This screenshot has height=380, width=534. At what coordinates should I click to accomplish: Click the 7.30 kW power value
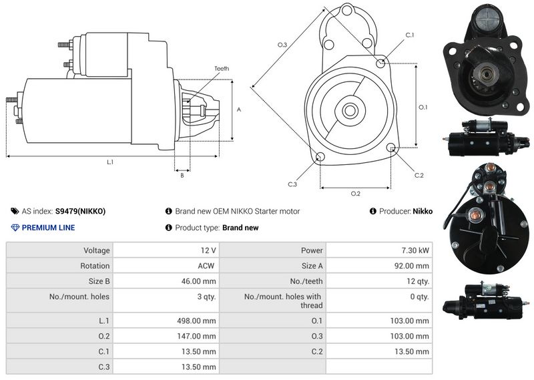point(415,250)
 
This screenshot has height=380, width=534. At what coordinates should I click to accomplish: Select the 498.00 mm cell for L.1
point(196,321)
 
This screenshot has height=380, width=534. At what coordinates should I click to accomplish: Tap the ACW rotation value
point(206,266)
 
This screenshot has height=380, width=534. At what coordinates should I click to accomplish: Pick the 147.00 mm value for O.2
point(196,336)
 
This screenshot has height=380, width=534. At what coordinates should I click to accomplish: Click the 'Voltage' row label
point(97,250)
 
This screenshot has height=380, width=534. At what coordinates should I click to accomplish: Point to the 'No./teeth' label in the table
point(306,282)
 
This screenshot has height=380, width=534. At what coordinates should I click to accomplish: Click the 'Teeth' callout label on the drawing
point(222,69)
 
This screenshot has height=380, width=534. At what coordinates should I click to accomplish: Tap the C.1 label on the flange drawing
point(410,35)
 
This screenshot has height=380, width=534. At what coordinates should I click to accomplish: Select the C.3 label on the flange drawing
point(292,184)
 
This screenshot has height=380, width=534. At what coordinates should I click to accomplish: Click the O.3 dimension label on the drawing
point(282,45)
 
